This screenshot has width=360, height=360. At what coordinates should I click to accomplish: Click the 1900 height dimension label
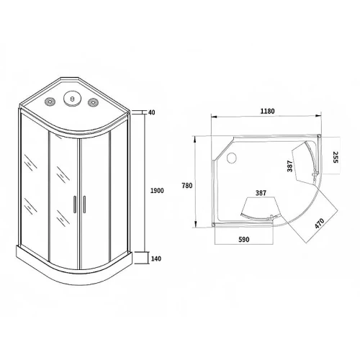tap(157, 191)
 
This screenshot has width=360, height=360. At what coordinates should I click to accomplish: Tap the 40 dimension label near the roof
tap(152, 112)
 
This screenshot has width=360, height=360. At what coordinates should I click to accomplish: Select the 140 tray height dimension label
tap(156, 258)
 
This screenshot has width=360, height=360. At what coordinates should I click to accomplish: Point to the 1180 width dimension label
tap(267, 111)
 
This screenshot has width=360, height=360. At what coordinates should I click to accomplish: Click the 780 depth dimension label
tap(187, 186)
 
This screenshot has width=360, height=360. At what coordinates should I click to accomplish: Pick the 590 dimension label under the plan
tap(244, 239)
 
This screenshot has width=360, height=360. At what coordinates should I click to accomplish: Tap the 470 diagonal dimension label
tap(320, 224)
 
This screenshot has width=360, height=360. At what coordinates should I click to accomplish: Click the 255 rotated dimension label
tap(335, 157)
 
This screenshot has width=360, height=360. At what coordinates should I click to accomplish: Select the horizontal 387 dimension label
tap(261, 193)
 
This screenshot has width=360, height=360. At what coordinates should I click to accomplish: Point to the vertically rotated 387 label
tap(290, 166)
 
